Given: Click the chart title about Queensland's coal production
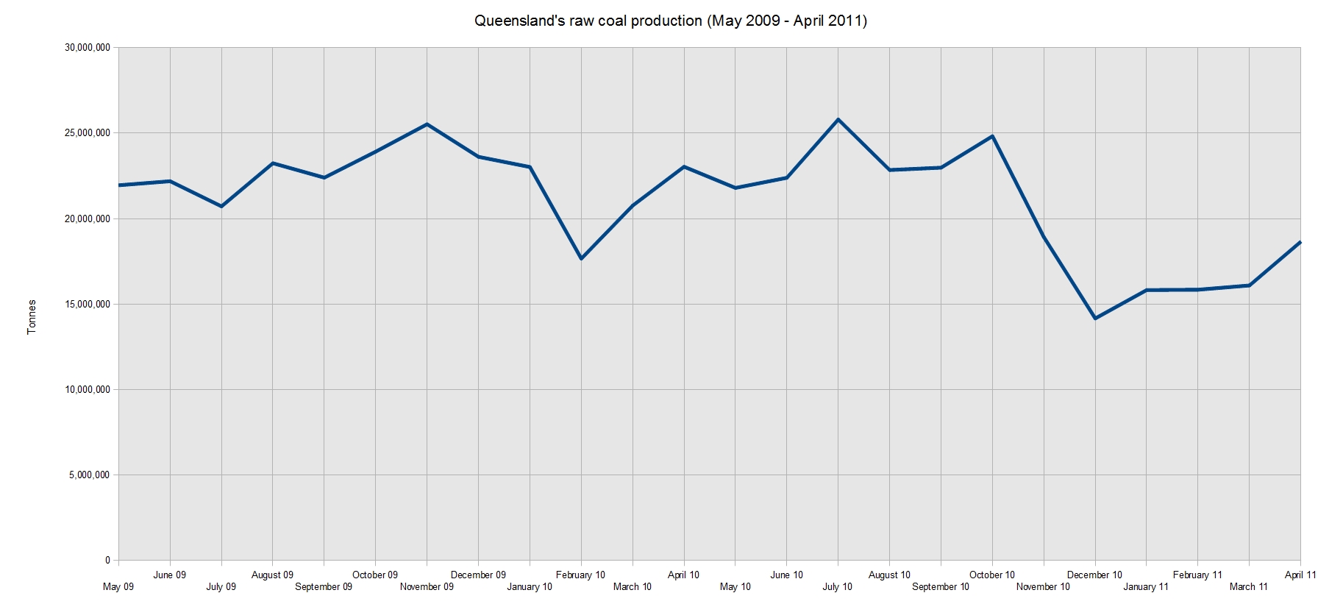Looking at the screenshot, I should click(x=671, y=21).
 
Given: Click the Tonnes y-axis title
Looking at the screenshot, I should click(x=32, y=317).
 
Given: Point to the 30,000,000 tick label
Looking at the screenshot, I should click(x=88, y=48).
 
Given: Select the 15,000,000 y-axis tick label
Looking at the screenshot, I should click(x=88, y=304).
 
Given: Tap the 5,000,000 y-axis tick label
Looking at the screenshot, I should click(x=90, y=475).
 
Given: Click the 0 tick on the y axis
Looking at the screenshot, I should click(x=107, y=561).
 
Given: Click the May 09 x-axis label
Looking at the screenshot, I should click(x=118, y=587).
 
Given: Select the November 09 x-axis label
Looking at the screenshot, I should click(x=427, y=587).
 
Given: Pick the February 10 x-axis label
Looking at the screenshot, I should click(x=580, y=575).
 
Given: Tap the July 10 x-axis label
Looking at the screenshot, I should click(x=838, y=587).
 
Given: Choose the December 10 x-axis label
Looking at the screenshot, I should click(x=1094, y=575).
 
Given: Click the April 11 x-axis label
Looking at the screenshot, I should click(x=1300, y=575).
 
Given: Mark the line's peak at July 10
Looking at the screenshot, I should click(x=838, y=119).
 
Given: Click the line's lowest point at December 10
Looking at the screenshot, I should click(x=1095, y=319).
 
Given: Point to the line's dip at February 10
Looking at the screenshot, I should click(x=581, y=259).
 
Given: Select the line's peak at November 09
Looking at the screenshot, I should click(x=427, y=124).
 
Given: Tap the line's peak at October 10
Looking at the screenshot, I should click(x=992, y=136).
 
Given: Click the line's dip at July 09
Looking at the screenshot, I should click(x=221, y=207).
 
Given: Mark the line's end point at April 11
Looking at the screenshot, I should click(x=1300, y=242).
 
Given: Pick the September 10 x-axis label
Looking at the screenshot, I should click(x=941, y=587).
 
